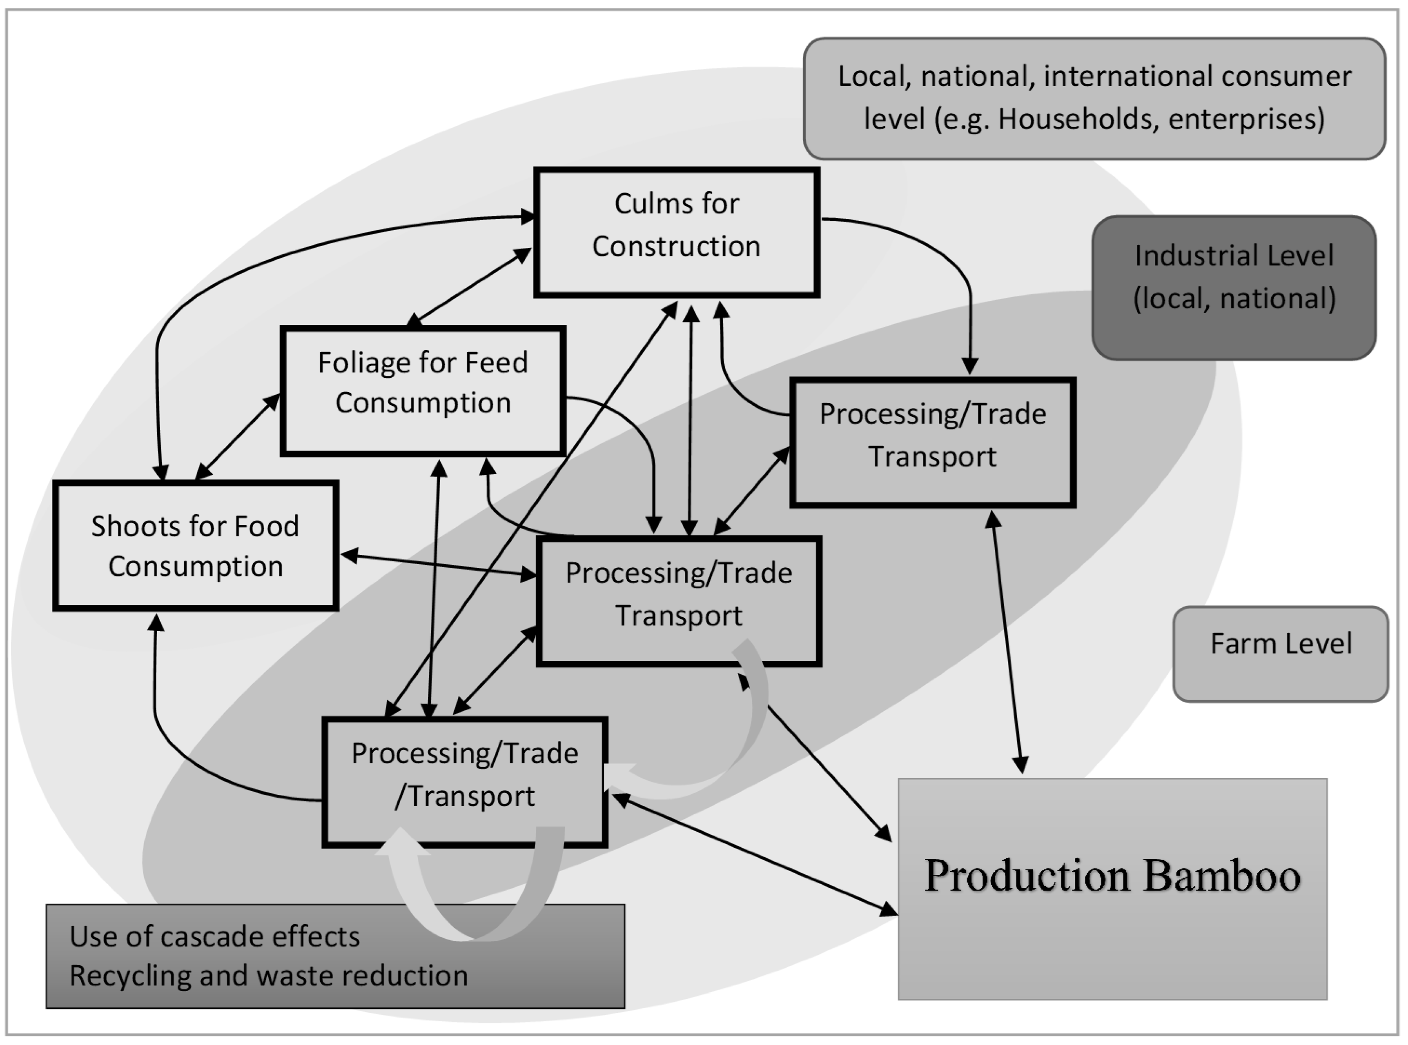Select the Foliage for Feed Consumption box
tap(422, 390)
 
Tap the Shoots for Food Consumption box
tap(195, 546)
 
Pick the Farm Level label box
tap(1280, 654)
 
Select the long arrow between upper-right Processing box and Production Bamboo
tap(1007, 642)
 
